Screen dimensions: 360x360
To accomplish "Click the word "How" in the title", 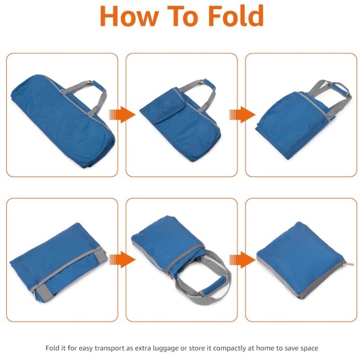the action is (129, 16).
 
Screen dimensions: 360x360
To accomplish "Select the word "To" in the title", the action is (183, 16).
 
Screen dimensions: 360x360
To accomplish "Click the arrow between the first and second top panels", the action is (122, 115).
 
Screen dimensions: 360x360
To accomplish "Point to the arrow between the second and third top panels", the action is (242, 115).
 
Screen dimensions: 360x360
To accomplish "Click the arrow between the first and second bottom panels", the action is (122, 260).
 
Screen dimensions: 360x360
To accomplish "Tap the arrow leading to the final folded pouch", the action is (242, 260).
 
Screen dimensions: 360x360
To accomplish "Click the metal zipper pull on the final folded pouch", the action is (349, 264).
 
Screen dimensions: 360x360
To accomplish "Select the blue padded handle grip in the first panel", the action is (99, 85).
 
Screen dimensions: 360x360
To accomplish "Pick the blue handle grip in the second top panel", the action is (209, 84).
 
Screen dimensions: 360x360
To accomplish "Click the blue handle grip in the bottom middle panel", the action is (213, 286).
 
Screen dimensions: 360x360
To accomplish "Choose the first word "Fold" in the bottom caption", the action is (53, 348).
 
